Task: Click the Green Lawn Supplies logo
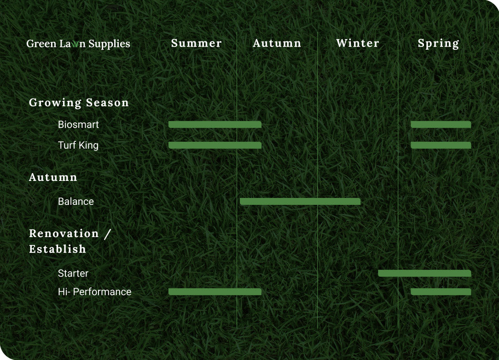click(x=78, y=44)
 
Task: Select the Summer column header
click(x=197, y=43)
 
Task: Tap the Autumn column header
click(x=277, y=43)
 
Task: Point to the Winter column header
click(x=358, y=43)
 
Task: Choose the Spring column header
click(x=438, y=44)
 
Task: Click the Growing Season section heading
click(x=79, y=103)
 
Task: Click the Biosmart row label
click(x=78, y=124)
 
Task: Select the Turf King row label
click(x=78, y=145)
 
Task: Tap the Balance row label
click(x=76, y=202)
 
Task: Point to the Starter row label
click(x=73, y=273)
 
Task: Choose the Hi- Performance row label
click(x=94, y=292)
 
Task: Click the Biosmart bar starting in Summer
click(x=215, y=124)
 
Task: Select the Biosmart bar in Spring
click(x=441, y=124)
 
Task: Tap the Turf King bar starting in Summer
click(x=215, y=145)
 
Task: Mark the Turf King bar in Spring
click(x=441, y=145)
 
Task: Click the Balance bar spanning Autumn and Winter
click(x=300, y=202)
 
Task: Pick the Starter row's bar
click(x=424, y=273)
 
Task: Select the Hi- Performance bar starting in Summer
click(x=215, y=292)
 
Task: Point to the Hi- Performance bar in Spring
click(x=441, y=292)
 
